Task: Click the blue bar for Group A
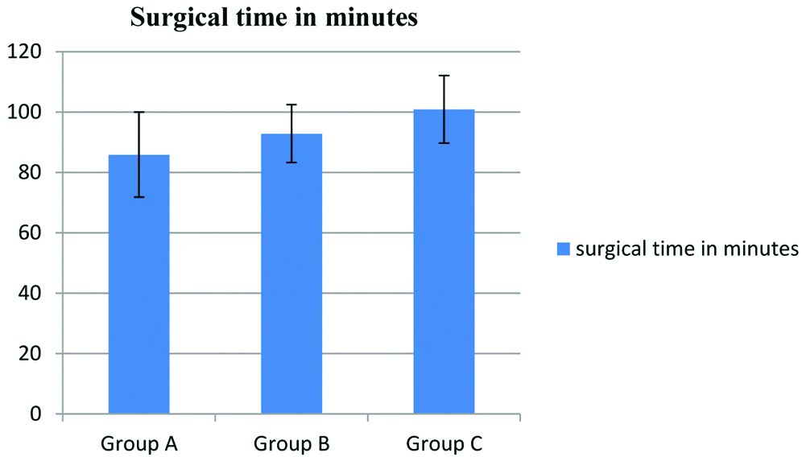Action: click(138, 290)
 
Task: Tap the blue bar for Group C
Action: click(444, 266)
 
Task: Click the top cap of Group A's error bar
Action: click(138, 112)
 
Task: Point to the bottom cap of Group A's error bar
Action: click(138, 196)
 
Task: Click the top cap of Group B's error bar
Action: click(291, 105)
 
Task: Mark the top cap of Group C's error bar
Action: click(444, 75)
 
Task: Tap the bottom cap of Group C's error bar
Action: click(444, 142)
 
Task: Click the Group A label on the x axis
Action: click(138, 443)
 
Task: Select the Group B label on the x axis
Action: click(291, 443)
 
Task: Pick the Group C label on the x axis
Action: click(444, 443)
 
